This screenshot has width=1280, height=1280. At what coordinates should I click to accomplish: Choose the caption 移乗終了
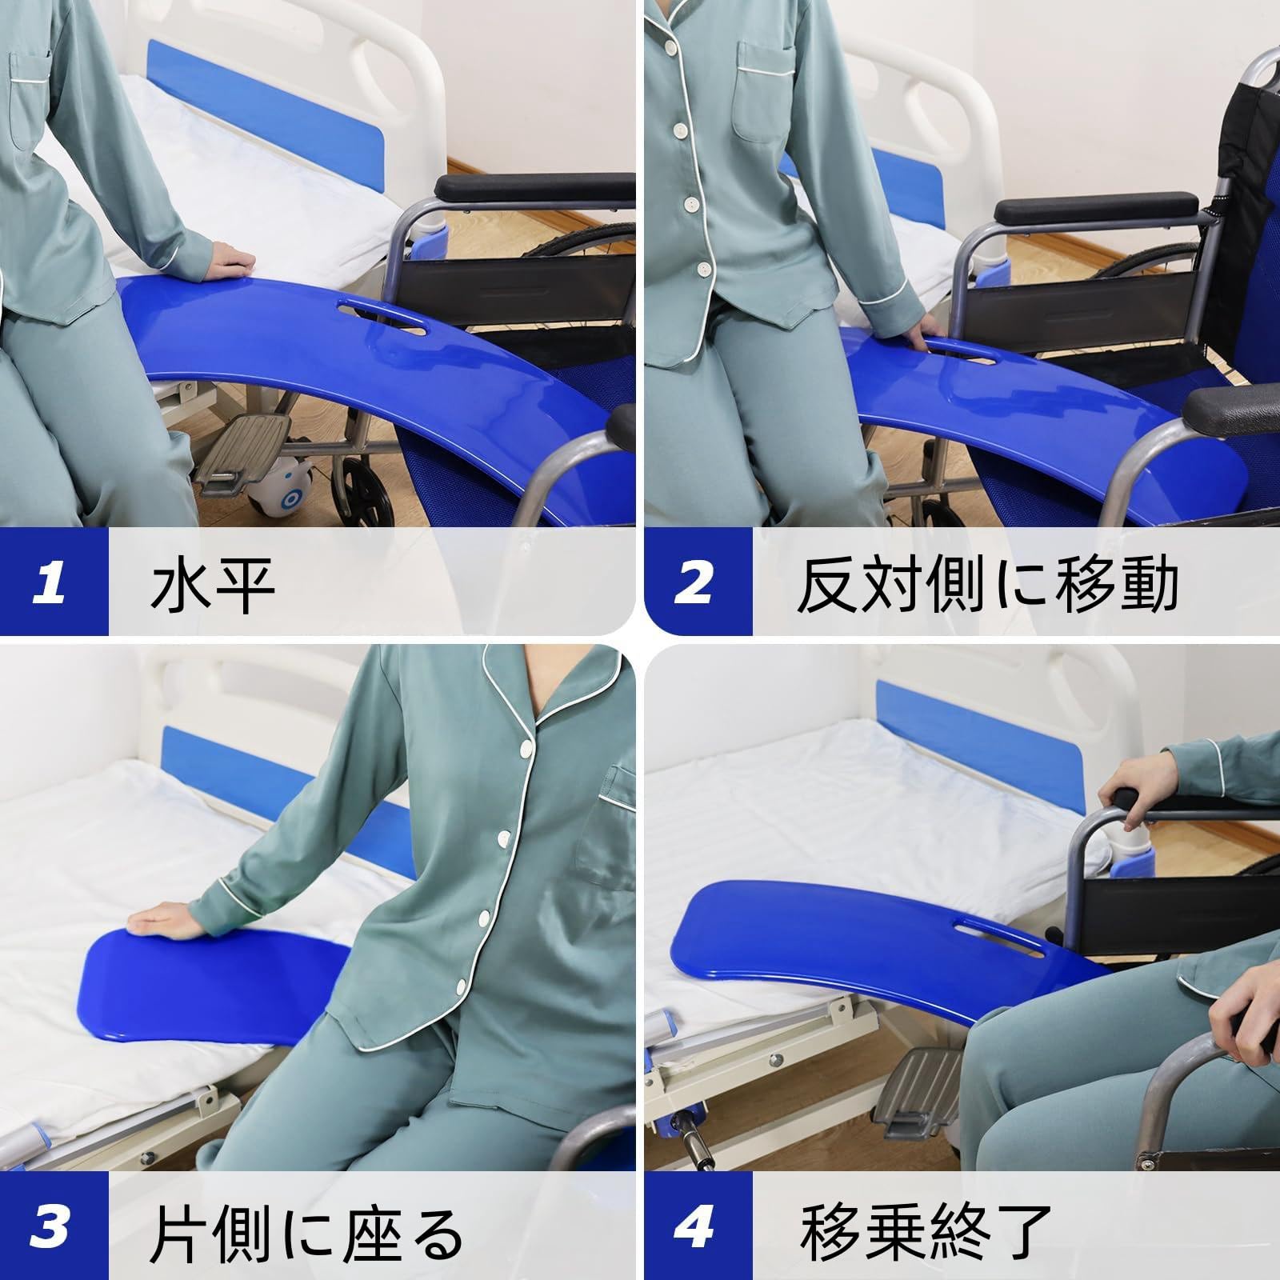(925, 1228)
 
